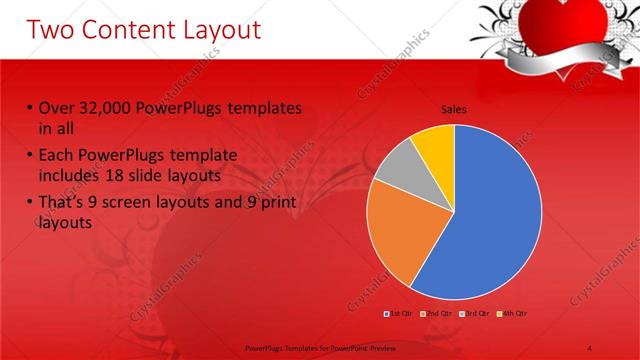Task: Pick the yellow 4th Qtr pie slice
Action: coord(435,145)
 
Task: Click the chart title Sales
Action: coord(454,109)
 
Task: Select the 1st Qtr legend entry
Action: coord(399,313)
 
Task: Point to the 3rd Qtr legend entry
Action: coord(477,313)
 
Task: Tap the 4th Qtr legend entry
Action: coord(513,313)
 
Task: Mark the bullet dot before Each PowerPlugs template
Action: coord(31,157)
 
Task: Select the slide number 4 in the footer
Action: coord(590,346)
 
